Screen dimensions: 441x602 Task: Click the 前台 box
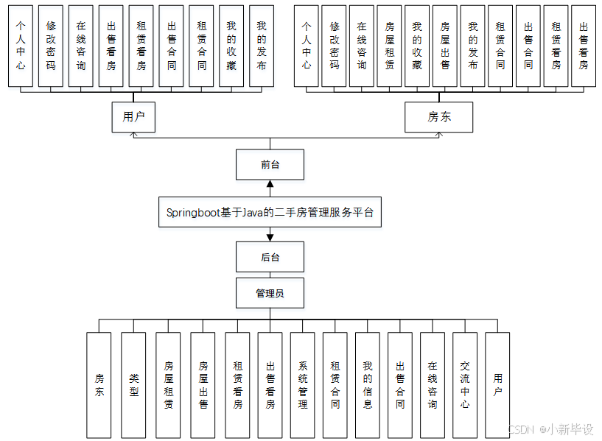270,164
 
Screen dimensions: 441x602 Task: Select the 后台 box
270,258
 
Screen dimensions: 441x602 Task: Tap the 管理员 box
270,293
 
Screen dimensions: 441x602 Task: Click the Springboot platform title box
270,213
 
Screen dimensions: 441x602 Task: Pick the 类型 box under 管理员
133,384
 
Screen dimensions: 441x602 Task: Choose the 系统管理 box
302,384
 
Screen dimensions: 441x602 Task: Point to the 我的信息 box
367,384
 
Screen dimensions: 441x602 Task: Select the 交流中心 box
464,384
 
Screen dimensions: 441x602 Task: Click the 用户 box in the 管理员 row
497,384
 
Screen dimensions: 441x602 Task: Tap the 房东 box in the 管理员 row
99,384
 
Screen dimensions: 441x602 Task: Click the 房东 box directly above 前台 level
439,117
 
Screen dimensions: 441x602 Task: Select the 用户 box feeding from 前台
133,117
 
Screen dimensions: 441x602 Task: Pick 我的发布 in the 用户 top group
261,46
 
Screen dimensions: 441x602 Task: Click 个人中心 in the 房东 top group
307,46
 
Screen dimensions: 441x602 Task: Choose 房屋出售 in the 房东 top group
444,46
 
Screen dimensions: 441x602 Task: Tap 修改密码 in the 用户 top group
50,46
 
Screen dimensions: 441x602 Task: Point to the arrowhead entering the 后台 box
270,237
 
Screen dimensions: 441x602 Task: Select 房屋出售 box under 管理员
203,384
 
